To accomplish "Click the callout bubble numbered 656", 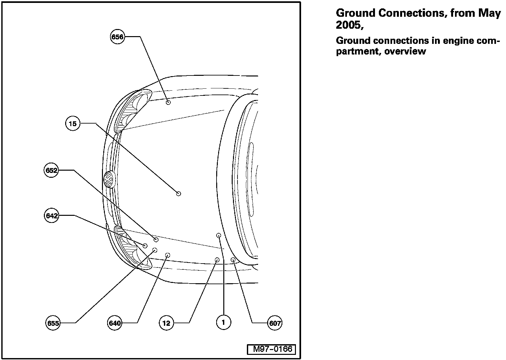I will (117, 37).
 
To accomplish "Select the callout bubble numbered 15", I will (73, 124).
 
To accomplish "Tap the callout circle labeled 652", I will (51, 170).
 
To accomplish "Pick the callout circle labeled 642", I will (51, 215).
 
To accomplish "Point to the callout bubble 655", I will (53, 323).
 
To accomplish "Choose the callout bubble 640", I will (115, 323).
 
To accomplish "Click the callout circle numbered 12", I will (167, 323).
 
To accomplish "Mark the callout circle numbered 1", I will (223, 322).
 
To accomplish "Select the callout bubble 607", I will (275, 323).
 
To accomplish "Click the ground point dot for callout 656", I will (168, 102).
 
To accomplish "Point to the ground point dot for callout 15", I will (178, 193).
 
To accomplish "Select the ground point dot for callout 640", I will (167, 255).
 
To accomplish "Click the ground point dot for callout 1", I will (218, 235).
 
